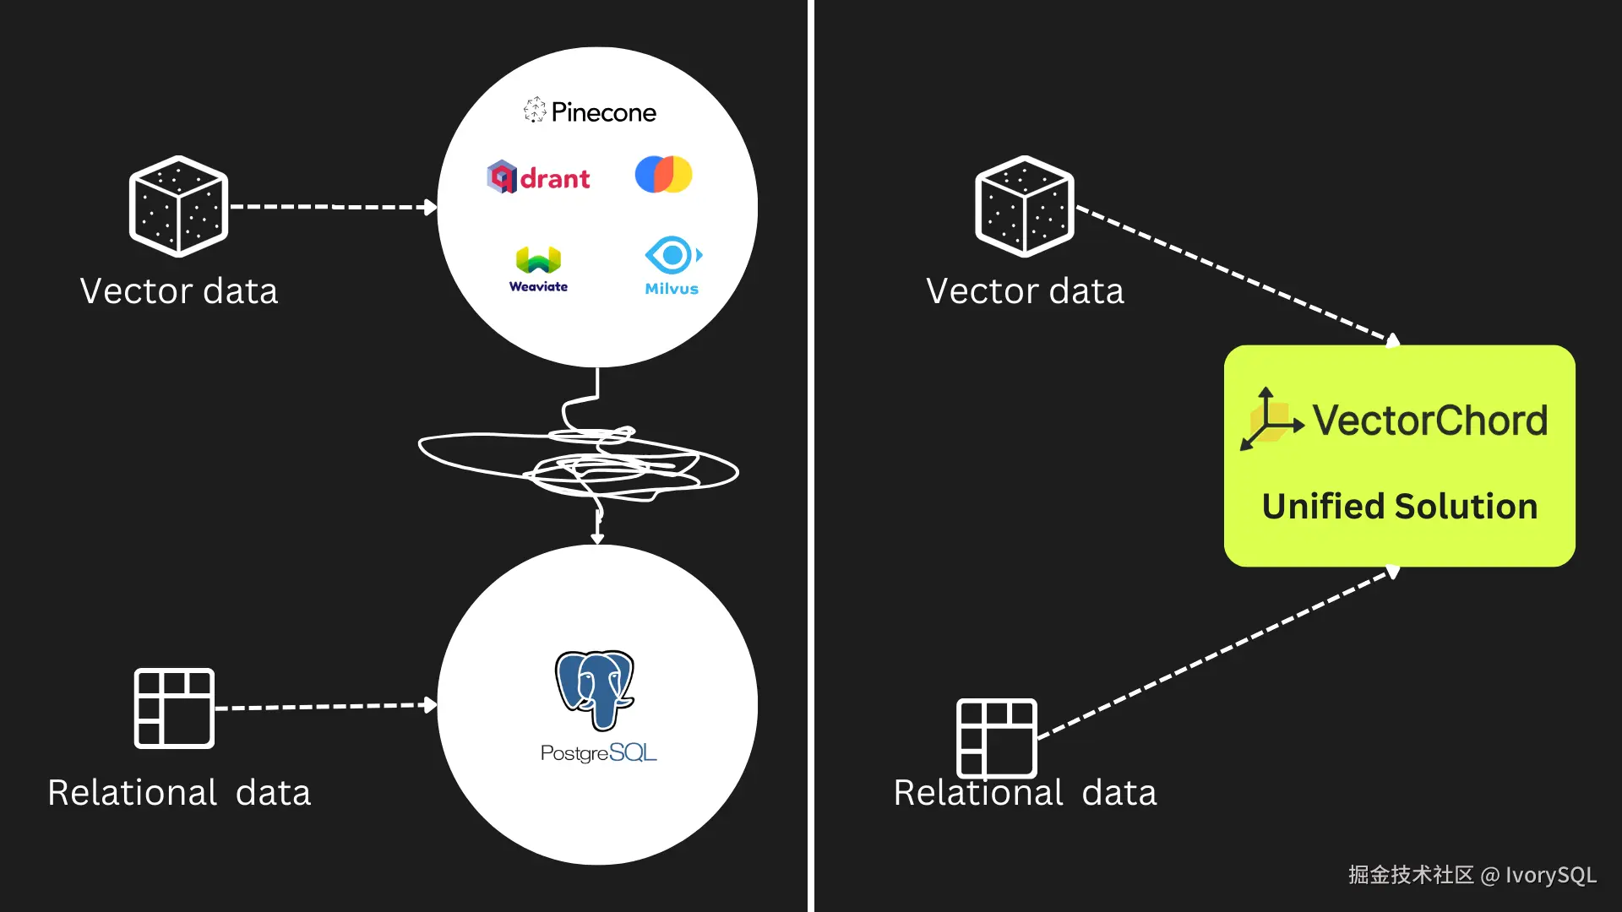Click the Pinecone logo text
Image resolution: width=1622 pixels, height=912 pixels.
tap(603, 112)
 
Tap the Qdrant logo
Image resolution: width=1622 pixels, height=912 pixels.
tap(538, 176)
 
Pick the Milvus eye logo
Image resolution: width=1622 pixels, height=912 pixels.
tap(672, 265)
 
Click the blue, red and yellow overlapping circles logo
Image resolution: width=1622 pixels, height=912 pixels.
tap(663, 174)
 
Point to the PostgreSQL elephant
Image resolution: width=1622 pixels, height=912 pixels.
tap(595, 689)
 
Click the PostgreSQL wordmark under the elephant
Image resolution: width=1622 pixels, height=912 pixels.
tap(598, 752)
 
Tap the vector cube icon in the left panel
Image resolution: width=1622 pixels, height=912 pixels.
tap(178, 206)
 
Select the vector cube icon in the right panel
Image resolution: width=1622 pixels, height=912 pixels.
tap(1025, 206)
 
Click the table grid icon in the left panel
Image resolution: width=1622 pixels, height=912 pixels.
tap(174, 708)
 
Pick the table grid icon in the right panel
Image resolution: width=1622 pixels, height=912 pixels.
tap(996, 738)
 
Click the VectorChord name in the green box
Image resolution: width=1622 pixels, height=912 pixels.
tap(1430, 421)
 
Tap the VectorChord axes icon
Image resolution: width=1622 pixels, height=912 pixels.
tap(1271, 420)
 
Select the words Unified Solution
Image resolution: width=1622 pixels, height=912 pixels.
tap(1400, 507)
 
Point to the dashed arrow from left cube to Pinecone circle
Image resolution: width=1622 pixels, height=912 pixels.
tap(334, 207)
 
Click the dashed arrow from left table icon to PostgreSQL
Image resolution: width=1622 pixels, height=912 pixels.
tap(327, 706)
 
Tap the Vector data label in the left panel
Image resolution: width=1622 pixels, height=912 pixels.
tap(179, 290)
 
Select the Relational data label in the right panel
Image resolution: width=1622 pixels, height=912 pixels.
tap(1026, 793)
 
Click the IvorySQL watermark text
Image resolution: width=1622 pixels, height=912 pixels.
tap(1551, 875)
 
